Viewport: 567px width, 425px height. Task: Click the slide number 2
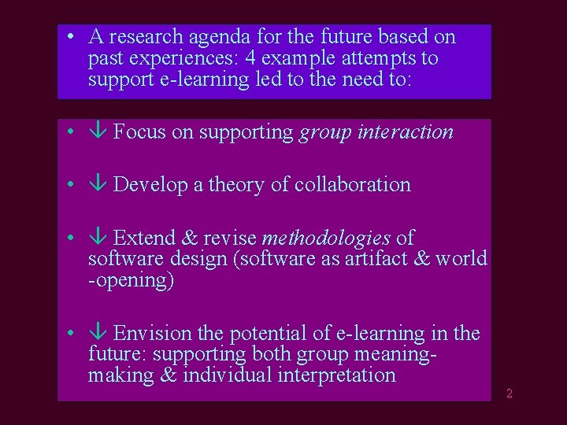coord(510,394)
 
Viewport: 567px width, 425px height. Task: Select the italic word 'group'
coord(324,133)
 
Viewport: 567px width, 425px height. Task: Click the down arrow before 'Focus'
coord(99,132)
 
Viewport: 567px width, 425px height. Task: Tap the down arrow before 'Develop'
coord(99,185)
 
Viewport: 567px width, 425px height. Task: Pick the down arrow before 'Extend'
coord(99,238)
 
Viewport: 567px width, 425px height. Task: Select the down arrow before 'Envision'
coord(99,334)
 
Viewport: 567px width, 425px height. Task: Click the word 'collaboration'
coord(352,185)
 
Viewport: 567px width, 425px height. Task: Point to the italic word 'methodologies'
coord(326,238)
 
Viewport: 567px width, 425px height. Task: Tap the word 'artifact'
coord(376,259)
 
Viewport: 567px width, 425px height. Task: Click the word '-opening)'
coord(131,281)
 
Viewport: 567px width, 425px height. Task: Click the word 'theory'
coord(236,185)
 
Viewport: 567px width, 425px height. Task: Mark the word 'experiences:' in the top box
coord(192,58)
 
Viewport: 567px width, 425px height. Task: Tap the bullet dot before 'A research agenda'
coord(71,36)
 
